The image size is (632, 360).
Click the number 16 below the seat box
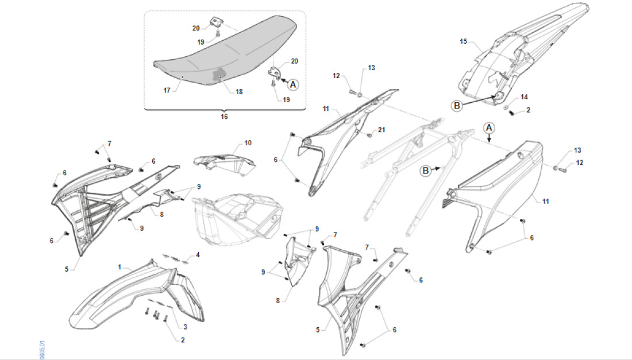(x=224, y=117)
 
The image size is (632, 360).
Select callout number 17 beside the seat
(x=167, y=90)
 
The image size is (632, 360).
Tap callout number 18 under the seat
(x=238, y=91)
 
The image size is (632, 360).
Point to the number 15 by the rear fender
(x=464, y=41)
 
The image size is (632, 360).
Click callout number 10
(x=248, y=142)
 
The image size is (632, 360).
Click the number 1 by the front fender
(x=120, y=267)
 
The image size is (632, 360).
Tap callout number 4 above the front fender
(x=198, y=254)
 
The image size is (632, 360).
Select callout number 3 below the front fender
(x=185, y=327)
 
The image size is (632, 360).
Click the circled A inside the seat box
(x=293, y=84)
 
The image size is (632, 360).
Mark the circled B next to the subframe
(x=426, y=171)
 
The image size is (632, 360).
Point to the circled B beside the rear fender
(x=457, y=106)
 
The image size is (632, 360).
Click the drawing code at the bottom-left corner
(x=43, y=350)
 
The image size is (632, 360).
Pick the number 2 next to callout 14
(x=528, y=110)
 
